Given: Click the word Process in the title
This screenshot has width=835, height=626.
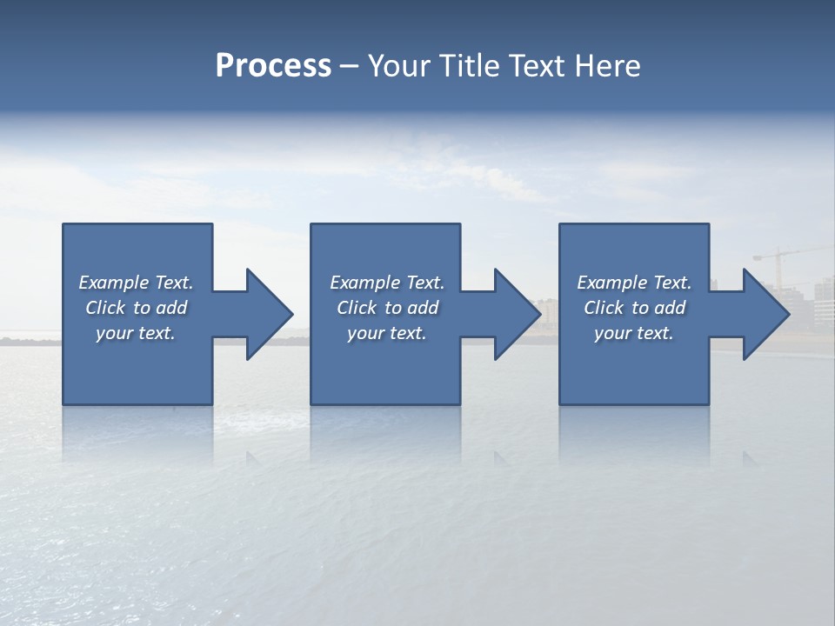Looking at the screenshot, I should click(x=273, y=66).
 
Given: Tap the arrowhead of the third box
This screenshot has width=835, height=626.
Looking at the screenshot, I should click(x=765, y=314).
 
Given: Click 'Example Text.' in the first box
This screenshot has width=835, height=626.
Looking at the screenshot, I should click(x=136, y=283).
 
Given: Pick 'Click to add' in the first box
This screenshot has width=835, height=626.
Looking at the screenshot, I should click(x=136, y=308).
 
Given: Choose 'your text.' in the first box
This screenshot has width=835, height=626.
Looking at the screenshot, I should click(x=136, y=333).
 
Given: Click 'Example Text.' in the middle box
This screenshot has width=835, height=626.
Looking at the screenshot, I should click(x=387, y=283).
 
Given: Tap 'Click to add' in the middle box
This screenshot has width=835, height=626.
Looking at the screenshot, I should click(x=387, y=308).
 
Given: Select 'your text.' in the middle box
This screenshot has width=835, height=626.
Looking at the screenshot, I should click(x=387, y=333).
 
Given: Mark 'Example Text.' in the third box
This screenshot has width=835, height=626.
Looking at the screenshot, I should click(x=634, y=283).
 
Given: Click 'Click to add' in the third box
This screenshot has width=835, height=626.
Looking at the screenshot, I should click(x=634, y=308).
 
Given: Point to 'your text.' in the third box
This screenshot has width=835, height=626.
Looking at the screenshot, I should click(x=634, y=333).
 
